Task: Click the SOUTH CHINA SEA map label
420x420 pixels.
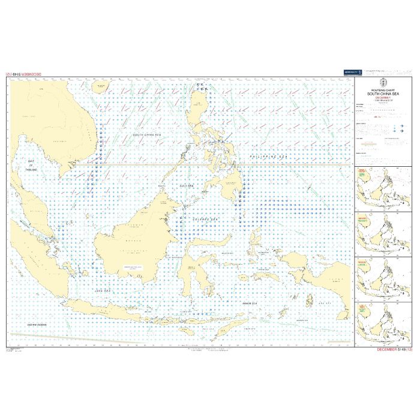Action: click(x=148, y=135)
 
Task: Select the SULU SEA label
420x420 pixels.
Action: click(x=187, y=187)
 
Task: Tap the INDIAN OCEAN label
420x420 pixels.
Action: click(x=37, y=324)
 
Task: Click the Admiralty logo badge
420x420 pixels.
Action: click(x=352, y=73)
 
